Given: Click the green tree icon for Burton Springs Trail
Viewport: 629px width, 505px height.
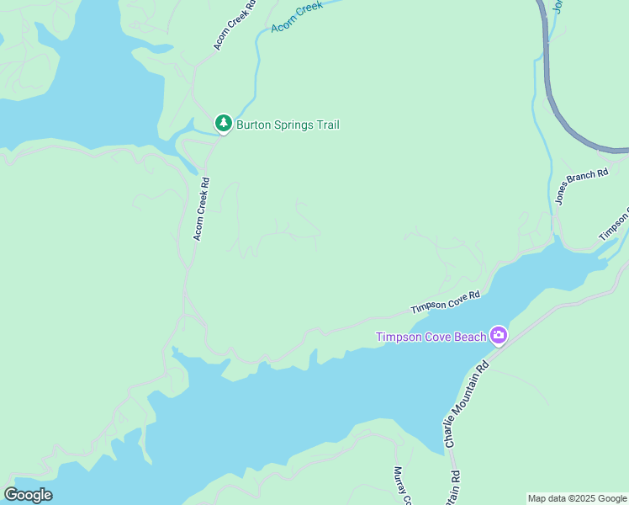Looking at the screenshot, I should (223, 124).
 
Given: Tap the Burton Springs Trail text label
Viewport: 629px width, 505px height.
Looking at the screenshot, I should (288, 125).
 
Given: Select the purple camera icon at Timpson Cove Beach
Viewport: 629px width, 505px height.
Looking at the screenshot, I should (499, 336).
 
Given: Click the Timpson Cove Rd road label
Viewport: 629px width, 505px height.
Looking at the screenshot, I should (445, 302).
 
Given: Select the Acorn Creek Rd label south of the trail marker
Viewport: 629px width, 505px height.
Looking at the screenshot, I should (201, 209).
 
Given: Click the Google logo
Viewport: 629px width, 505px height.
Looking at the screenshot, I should (28, 495).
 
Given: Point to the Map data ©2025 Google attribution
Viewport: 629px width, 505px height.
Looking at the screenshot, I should (578, 498).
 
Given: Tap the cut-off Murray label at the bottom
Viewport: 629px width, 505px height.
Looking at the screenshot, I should (400, 486).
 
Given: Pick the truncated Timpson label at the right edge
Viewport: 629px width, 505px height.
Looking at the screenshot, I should (614, 224).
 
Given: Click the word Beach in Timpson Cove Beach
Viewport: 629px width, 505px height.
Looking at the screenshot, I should (471, 337).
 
